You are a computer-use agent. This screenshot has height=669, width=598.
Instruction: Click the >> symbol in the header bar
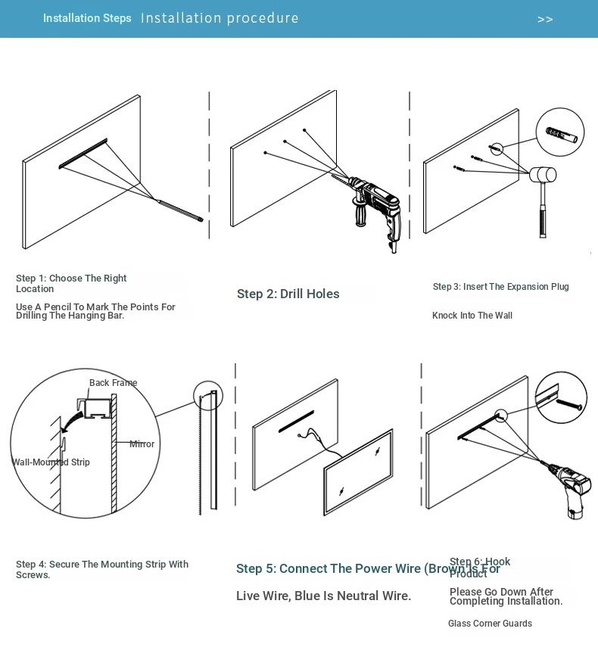(545, 20)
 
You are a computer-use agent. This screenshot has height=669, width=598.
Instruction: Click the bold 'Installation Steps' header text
(87, 18)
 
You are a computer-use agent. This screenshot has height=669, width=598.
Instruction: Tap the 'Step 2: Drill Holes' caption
(288, 294)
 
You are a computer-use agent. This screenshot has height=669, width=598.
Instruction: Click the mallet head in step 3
(542, 175)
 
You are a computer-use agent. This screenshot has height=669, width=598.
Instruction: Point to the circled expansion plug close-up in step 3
(560, 133)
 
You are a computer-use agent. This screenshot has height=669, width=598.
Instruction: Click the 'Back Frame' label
(113, 383)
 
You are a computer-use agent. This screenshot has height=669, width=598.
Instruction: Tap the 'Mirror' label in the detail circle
(142, 444)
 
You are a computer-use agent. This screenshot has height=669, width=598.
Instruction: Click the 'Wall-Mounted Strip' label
(51, 462)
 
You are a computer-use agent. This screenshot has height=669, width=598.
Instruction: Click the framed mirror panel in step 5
(358, 472)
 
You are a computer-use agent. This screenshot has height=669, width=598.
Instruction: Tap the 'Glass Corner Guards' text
(490, 624)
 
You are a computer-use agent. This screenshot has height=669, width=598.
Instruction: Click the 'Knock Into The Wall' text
(472, 316)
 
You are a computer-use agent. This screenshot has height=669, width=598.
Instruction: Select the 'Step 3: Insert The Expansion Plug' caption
(500, 287)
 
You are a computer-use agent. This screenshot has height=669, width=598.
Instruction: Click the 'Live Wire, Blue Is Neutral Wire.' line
(323, 596)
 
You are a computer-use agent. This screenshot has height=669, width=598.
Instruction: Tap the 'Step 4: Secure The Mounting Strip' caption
(101, 569)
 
